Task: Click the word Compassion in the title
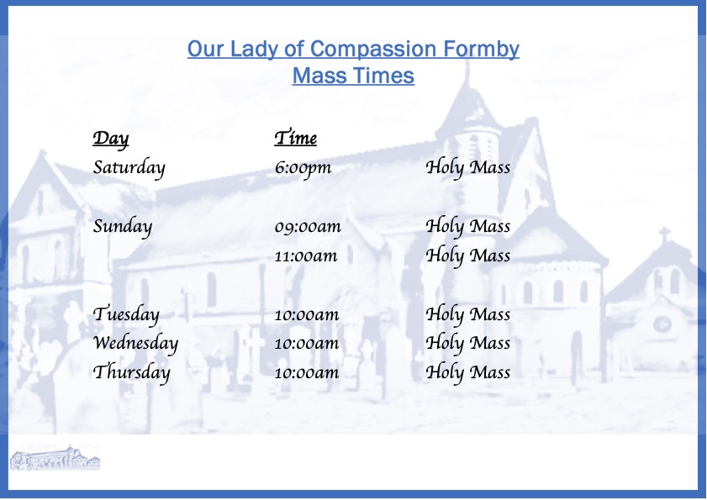click(374, 49)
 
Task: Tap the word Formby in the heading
click(481, 50)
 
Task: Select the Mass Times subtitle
click(353, 76)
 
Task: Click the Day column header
click(111, 139)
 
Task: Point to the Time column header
click(296, 138)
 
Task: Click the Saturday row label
click(129, 168)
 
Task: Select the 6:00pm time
click(303, 168)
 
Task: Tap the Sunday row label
click(123, 226)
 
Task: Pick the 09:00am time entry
click(308, 226)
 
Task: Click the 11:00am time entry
click(306, 256)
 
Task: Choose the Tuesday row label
click(126, 314)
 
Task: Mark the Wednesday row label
click(135, 344)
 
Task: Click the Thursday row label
click(132, 373)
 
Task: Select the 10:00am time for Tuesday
click(307, 314)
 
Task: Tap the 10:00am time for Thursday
click(307, 373)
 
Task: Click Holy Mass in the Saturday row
click(468, 168)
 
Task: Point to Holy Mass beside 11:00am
click(468, 256)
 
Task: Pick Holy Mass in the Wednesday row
click(468, 344)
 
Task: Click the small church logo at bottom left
click(55, 458)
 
